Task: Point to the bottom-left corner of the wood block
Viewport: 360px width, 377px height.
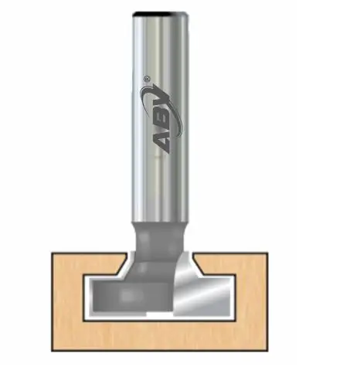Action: (52, 349)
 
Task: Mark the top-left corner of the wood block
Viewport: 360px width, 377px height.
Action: (52, 251)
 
